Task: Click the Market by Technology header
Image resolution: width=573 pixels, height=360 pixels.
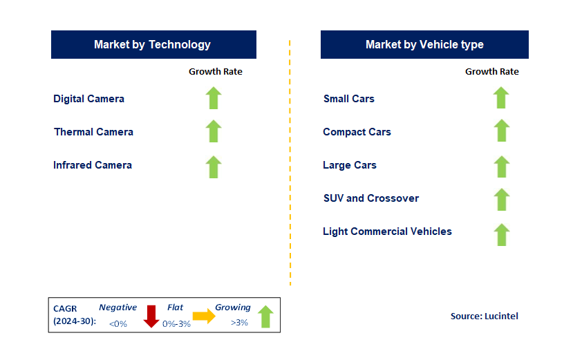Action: [x=153, y=44]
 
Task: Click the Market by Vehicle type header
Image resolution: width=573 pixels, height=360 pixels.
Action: [x=424, y=44]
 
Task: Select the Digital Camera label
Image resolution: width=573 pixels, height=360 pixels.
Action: [x=89, y=99]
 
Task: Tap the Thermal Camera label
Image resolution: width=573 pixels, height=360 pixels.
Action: [x=93, y=132]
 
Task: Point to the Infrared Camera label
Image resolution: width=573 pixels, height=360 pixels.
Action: [x=93, y=165]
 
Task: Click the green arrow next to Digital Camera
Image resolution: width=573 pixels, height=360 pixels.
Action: [x=214, y=98]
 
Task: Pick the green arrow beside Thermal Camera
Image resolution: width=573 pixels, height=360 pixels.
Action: [x=214, y=131]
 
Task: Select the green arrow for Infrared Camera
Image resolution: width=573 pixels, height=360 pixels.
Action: [x=214, y=167]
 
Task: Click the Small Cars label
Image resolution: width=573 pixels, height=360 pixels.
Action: [x=349, y=99]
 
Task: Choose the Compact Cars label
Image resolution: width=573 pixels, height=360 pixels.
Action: [x=357, y=132]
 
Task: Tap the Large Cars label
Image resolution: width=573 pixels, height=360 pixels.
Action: [x=350, y=165]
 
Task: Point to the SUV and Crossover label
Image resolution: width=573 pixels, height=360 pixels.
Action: [x=371, y=198]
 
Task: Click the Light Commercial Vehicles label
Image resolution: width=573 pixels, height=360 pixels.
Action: [x=387, y=231]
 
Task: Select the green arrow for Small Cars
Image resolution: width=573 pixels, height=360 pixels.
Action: [x=501, y=98]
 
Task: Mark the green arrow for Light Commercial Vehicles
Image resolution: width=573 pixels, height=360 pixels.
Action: [x=501, y=234]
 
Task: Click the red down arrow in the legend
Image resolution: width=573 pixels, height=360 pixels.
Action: [x=151, y=316]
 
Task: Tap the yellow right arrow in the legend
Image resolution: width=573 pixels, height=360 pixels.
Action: [x=204, y=316]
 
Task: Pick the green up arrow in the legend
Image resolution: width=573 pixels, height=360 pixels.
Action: [x=265, y=316]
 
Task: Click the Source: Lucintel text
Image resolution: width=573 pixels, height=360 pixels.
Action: [x=484, y=316]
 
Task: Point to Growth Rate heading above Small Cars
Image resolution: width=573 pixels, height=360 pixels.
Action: [x=491, y=71]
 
